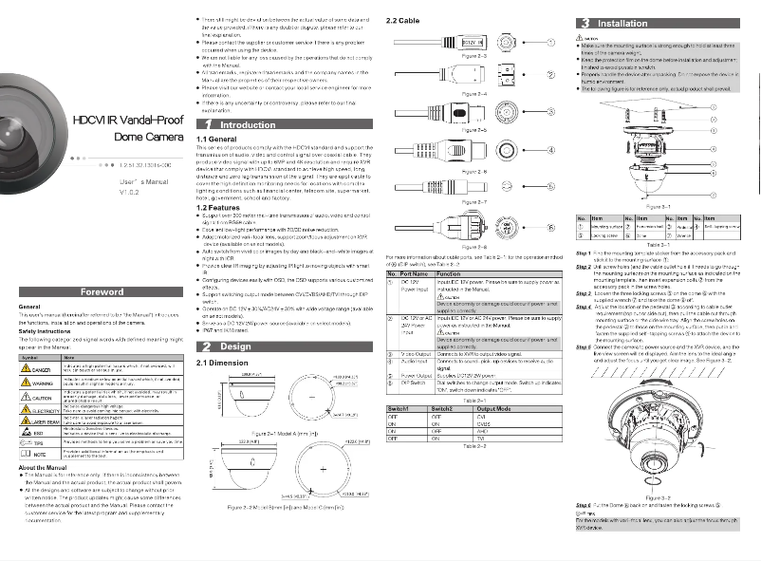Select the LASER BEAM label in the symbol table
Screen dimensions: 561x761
tap(40, 420)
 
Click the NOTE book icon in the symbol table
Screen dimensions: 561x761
tap(27, 455)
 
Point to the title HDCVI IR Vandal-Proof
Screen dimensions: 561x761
tap(127, 121)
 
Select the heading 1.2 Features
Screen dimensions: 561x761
tap(216, 206)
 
